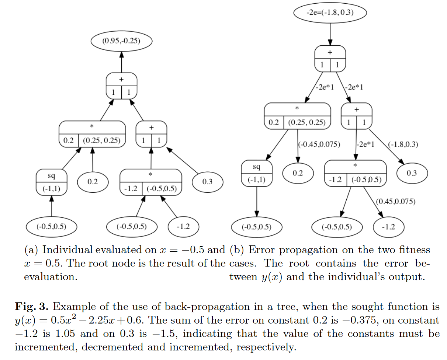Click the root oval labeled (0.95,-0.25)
121,41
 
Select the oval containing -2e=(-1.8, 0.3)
330,13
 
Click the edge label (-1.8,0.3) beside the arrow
403,144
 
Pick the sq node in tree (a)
51,182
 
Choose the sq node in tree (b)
257,174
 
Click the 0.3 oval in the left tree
207,182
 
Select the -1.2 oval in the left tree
183,227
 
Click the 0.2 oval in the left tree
93,182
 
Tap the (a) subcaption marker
31,250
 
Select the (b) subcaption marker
237,250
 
